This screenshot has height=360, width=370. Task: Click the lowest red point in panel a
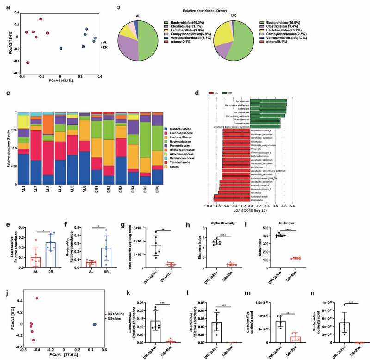click(x=28, y=62)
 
